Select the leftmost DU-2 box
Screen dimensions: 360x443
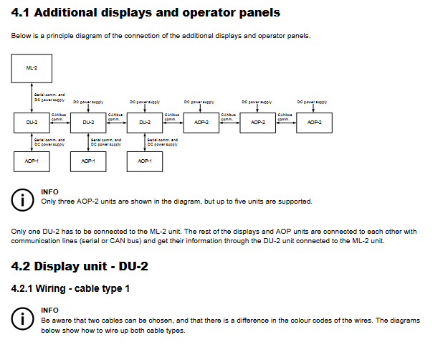pyautogui.click(x=32, y=123)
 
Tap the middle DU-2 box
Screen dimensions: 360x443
pyautogui.click(x=88, y=123)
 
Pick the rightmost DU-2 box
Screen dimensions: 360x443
pyautogui.click(x=145, y=123)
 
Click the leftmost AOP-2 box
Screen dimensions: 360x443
pyautogui.click(x=201, y=123)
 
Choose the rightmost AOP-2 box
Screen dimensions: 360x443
pyautogui.click(x=314, y=123)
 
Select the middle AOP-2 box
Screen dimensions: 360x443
pyautogui.click(x=258, y=123)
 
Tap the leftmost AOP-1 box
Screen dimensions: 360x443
pyautogui.click(x=32, y=161)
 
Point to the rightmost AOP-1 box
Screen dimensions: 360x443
pyautogui.click(x=145, y=161)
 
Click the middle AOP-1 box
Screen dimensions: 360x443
pyautogui.click(x=88, y=161)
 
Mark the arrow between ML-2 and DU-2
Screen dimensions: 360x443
pyautogui.click(x=32, y=97)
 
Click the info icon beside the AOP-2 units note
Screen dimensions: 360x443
pyautogui.click(x=25, y=199)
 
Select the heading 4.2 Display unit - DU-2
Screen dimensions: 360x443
pyautogui.click(x=80, y=267)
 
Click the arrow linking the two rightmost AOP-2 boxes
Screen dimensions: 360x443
pyautogui.click(x=286, y=123)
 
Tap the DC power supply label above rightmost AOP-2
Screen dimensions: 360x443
pyautogui.click(x=313, y=102)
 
